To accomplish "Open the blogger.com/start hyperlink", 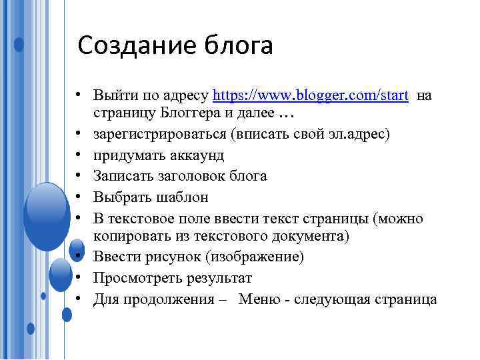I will (310, 95).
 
